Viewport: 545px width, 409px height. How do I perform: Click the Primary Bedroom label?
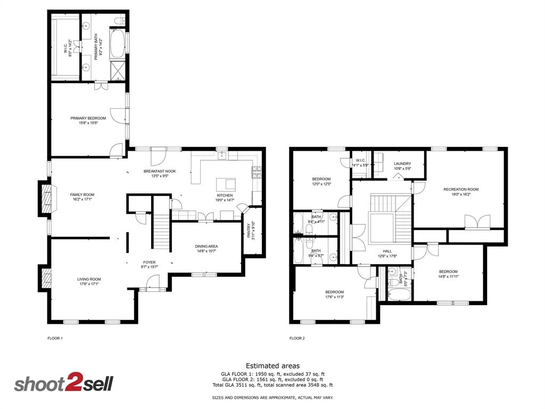(88, 118)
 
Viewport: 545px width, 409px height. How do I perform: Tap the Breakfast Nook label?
(160, 171)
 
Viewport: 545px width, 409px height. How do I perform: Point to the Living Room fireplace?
(46, 278)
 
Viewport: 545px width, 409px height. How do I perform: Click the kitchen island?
(226, 184)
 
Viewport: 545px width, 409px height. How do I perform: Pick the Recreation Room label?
(461, 189)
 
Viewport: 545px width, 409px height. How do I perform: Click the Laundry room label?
(402, 163)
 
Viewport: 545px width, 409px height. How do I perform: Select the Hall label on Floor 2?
(387, 251)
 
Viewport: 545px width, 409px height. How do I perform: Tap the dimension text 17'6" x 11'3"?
(335, 297)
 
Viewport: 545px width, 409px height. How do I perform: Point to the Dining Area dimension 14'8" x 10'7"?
(206, 251)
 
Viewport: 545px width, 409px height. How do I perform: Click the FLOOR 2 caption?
(297, 338)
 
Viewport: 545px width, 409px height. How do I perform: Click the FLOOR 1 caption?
(55, 338)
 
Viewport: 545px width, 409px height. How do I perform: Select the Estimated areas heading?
(272, 366)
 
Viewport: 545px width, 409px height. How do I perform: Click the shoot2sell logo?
(63, 384)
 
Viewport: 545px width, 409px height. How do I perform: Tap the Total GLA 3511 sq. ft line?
(272, 385)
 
